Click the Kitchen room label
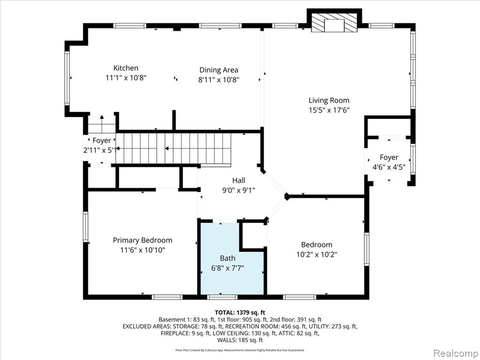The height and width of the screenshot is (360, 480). [x=126, y=68]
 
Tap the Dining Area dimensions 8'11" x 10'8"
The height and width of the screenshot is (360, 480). [x=218, y=80]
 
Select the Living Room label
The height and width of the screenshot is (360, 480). [x=329, y=100]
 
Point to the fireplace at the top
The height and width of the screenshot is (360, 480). [x=334, y=22]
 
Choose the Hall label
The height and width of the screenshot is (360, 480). [x=239, y=180]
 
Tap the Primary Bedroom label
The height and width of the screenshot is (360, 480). [x=142, y=240]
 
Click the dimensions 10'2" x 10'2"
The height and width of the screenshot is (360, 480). [x=317, y=255]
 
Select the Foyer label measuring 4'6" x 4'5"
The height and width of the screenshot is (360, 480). [x=389, y=157]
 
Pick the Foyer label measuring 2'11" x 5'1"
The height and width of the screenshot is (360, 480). [x=102, y=141]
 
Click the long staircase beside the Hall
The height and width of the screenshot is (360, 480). [x=173, y=149]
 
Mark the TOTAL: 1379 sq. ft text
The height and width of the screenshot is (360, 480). [x=240, y=313]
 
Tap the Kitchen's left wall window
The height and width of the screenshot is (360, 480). [x=67, y=78]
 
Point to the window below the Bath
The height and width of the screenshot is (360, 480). [x=222, y=297]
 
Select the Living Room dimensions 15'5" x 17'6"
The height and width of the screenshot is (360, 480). [x=329, y=110]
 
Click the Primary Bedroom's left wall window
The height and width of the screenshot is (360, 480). [x=86, y=227]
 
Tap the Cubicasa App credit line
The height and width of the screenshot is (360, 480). [x=240, y=350]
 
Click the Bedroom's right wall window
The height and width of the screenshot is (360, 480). [x=367, y=249]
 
